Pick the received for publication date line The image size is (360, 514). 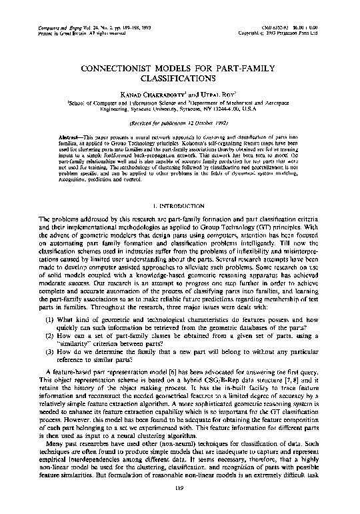[179, 123]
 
